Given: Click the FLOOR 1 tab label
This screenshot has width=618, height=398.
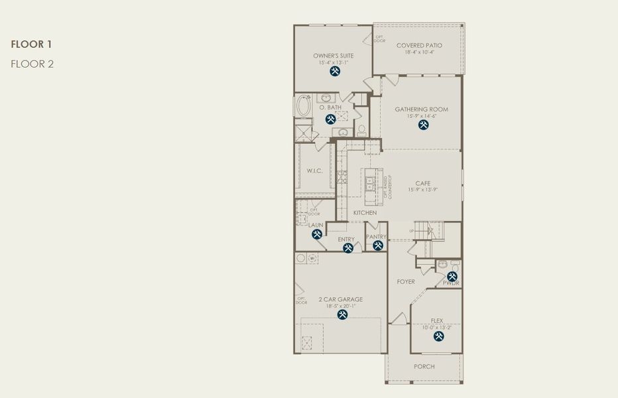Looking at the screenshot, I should click(31, 44).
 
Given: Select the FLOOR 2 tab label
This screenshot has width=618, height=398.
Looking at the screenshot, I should click(32, 64).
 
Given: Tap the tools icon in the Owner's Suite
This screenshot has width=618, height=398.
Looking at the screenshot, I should click(335, 71).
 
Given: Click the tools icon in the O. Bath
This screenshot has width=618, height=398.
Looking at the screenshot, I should click(330, 119).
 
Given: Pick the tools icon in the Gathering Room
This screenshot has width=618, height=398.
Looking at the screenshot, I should click(424, 125).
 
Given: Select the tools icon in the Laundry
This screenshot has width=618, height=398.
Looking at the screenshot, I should click(317, 234).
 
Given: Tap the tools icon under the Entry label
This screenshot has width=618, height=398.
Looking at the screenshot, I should click(348, 248).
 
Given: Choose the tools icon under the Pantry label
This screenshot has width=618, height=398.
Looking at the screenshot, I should click(377, 245).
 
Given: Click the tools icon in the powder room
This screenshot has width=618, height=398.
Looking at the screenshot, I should click(452, 276).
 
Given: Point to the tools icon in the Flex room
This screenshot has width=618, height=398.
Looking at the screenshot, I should click(438, 336).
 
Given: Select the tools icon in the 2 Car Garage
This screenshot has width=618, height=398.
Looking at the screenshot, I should click(342, 315).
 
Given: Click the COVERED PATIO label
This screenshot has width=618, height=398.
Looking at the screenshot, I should click(419, 46).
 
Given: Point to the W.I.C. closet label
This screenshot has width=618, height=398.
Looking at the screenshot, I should click(314, 171).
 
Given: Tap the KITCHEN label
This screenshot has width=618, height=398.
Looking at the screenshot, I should click(365, 213).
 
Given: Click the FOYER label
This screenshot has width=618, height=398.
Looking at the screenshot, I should click(406, 282).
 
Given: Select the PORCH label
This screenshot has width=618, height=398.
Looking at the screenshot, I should click(424, 367).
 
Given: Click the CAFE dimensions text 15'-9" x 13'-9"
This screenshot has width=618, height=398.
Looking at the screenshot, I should click(422, 190).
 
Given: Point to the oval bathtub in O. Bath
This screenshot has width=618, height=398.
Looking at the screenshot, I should click(304, 106).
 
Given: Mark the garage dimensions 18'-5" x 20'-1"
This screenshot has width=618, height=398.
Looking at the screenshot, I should click(340, 306).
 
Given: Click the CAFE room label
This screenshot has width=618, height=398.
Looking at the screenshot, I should click(422, 184).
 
